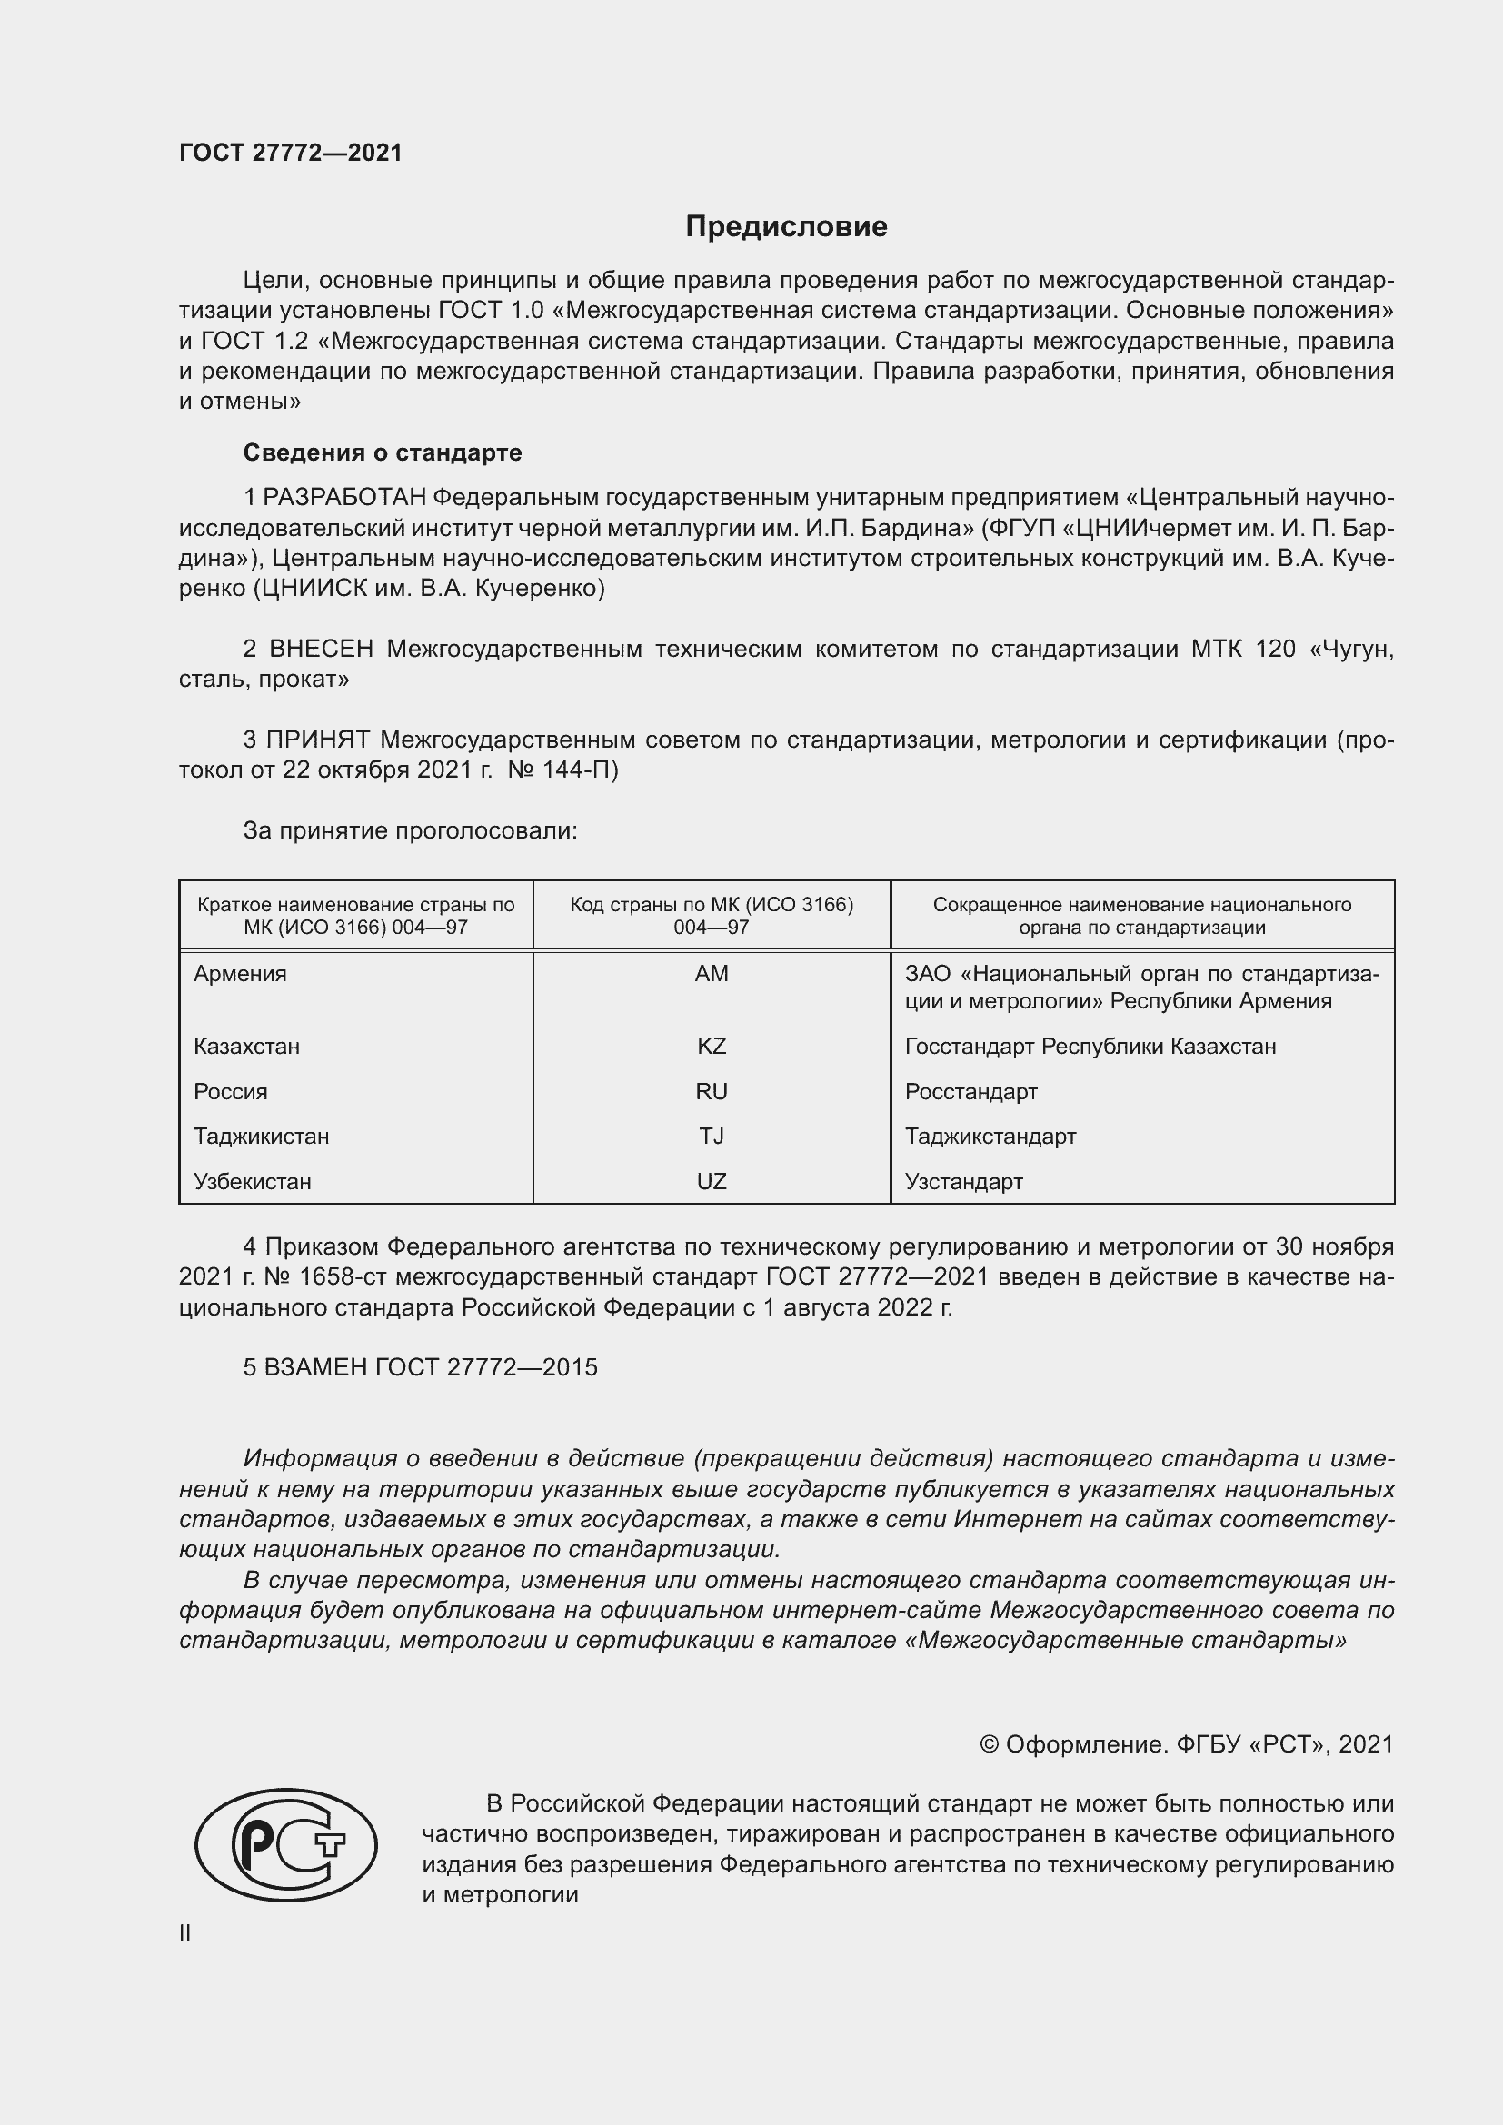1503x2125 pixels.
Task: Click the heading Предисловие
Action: pos(786,227)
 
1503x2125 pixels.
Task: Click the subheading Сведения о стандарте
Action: pos(383,452)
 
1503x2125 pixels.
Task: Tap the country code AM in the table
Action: pos(711,974)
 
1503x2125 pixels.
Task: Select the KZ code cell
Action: pos(711,1047)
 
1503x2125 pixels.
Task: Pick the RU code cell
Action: pos(711,1092)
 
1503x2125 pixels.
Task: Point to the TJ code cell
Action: pos(711,1137)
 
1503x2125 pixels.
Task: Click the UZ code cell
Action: pos(711,1182)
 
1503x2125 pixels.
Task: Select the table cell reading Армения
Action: pos(240,974)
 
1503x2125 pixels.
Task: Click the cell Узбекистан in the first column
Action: pos(252,1182)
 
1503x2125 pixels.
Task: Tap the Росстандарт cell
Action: pos(970,1092)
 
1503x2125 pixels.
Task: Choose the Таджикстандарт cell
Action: pos(990,1137)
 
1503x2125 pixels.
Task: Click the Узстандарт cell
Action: pos(963,1182)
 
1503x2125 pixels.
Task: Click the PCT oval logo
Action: pos(286,1844)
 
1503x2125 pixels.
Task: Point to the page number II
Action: pos(185,1932)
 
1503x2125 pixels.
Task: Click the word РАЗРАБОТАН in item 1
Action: pos(344,498)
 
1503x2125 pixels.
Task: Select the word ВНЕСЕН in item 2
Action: pos(321,650)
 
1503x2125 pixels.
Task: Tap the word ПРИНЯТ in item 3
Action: pos(317,740)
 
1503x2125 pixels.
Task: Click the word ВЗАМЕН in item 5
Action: pos(315,1368)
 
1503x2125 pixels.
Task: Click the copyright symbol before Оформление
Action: pos(989,1744)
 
